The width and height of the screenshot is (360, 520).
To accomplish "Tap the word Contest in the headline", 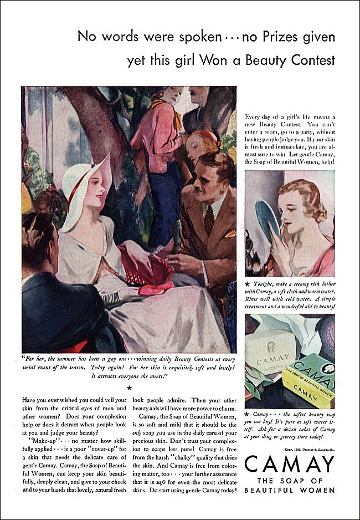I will pos(306,60).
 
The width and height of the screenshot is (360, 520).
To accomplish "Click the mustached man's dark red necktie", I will pos(208,218).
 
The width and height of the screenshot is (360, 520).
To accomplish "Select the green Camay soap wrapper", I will pos(310,377).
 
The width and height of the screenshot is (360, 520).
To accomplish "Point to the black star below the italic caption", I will pos(129,388).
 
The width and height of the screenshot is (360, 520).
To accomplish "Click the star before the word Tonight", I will pos(248,282).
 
